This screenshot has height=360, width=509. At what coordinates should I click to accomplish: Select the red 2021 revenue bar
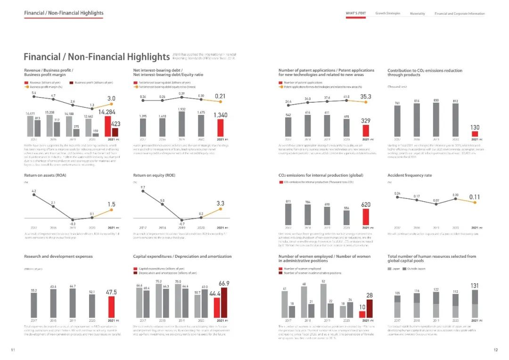click(108, 126)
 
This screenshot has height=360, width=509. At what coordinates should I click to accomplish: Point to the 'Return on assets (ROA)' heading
click(45, 175)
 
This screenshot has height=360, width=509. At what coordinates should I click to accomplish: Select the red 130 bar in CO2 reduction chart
click(475, 134)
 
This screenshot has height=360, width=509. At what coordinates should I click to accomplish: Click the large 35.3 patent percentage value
click(365, 97)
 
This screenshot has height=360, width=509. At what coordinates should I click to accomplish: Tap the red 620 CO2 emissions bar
click(366, 216)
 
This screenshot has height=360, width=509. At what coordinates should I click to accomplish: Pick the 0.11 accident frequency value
click(475, 197)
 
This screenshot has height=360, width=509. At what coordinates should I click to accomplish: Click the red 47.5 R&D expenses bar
click(111, 306)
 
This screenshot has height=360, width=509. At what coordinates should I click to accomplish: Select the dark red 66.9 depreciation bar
click(224, 302)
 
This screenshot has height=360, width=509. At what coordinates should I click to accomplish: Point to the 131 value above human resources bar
click(475, 286)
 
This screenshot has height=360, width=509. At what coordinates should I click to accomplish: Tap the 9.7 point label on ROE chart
click(142, 188)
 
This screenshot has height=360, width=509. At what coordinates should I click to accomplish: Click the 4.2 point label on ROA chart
click(33, 191)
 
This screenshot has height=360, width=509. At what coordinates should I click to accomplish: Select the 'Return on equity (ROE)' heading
click(154, 175)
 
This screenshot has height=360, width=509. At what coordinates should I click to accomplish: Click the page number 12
click(495, 350)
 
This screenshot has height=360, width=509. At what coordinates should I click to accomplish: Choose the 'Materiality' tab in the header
click(418, 14)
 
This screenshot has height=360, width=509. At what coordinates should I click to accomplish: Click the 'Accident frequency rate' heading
click(410, 175)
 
